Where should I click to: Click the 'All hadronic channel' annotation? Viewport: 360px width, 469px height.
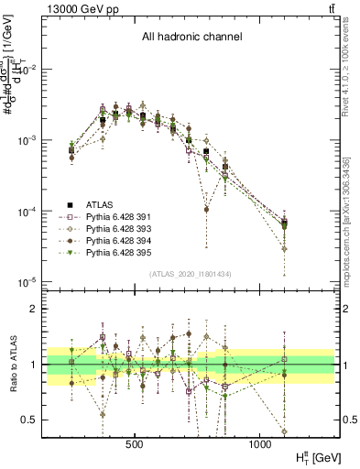coord(191,38)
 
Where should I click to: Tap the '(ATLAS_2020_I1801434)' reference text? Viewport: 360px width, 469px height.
coord(189,275)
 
